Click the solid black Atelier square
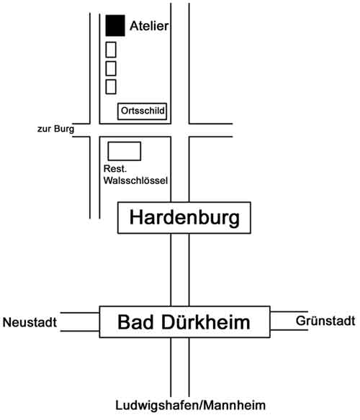coord(115,25)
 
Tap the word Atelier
coord(149,26)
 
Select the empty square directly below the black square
coord(111,50)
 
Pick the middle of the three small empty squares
coord(111,68)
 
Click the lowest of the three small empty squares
coord(111,87)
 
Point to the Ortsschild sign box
coord(142,111)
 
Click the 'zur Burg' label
coord(55,129)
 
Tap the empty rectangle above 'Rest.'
coord(125,151)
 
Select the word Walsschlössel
coord(136,181)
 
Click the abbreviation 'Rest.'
coord(114,169)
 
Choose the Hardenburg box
coord(184,218)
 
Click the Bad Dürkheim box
coord(184,321)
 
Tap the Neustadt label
coord(30,322)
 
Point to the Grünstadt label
coord(325,321)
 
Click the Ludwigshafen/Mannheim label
coord(191,406)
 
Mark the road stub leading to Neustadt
coord(80,321)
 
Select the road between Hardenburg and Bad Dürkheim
coord(180,270)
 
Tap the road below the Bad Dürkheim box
coord(180,367)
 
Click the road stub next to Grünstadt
coord(289,321)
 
